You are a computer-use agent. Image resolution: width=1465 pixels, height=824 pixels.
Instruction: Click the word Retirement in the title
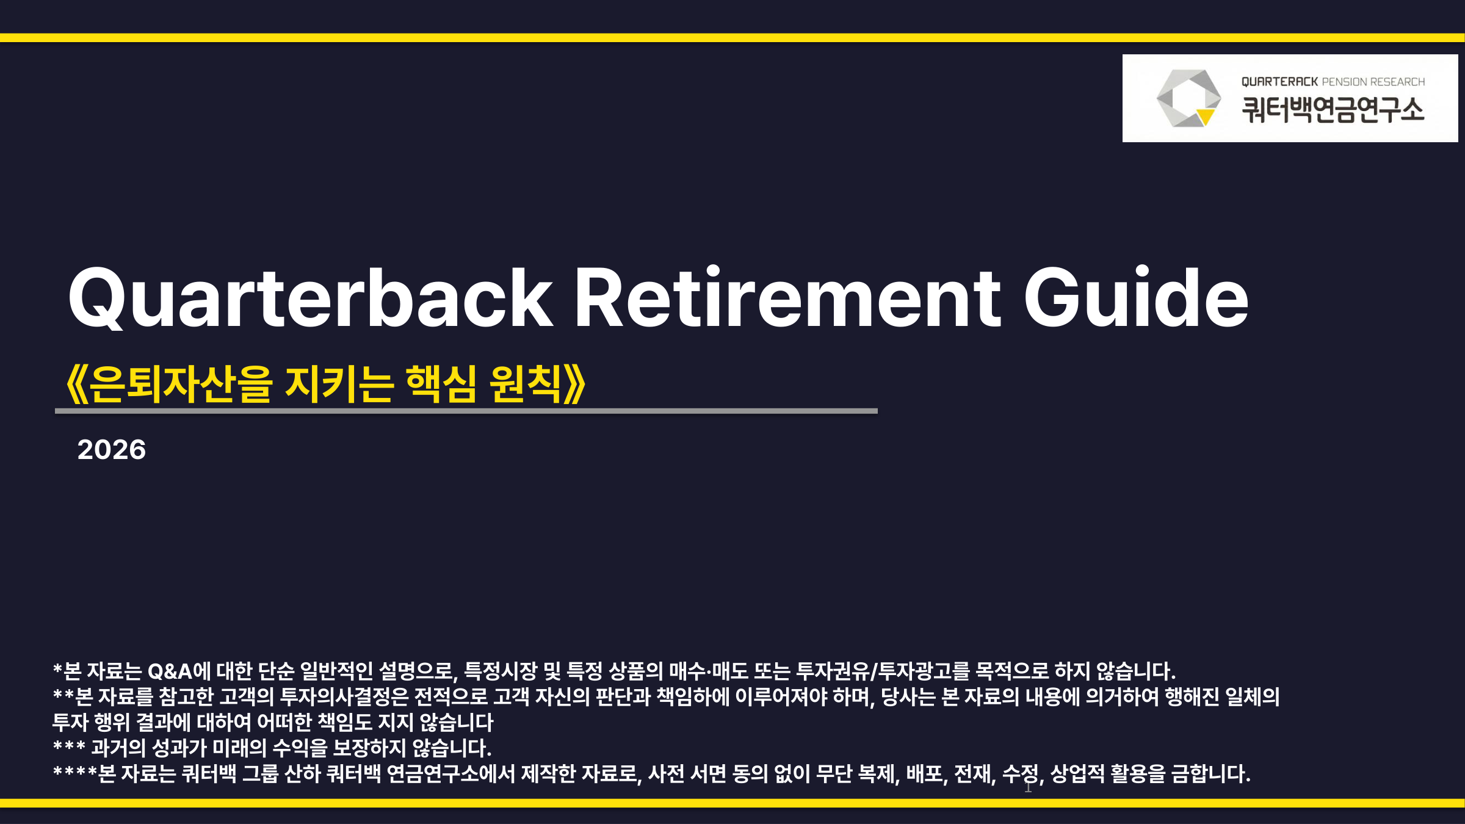[787, 298]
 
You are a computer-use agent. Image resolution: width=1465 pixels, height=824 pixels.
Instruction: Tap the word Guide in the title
[1136, 298]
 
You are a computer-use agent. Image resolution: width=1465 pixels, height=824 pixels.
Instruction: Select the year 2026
[112, 450]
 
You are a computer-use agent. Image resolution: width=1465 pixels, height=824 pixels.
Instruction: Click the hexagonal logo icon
[1188, 98]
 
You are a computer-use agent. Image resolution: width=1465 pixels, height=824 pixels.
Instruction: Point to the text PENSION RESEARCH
[1373, 82]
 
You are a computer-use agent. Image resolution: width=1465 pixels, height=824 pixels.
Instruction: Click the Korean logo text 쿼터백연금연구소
[1333, 110]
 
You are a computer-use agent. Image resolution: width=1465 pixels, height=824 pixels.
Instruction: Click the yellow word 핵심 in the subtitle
[441, 384]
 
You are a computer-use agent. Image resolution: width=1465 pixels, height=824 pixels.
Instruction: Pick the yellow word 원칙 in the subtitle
[526, 384]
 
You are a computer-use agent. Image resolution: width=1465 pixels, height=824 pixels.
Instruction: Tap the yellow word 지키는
[339, 384]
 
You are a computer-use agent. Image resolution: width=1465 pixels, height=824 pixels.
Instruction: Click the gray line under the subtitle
[466, 411]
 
